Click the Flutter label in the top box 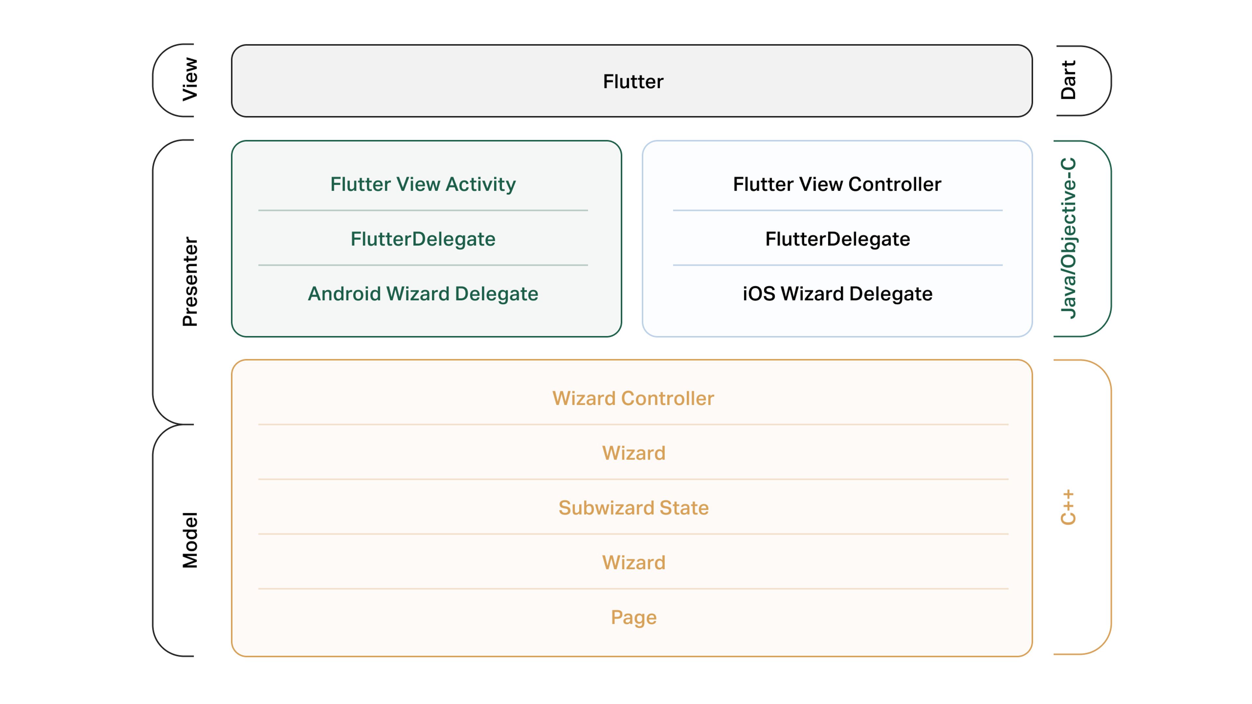click(x=633, y=81)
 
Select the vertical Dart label click(x=1068, y=80)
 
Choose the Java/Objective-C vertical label click(x=1068, y=238)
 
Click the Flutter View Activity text click(x=423, y=184)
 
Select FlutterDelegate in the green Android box click(x=423, y=239)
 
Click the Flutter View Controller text click(x=837, y=184)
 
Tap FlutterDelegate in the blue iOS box click(x=837, y=239)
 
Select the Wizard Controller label click(x=633, y=398)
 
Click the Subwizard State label click(x=633, y=508)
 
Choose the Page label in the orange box click(x=633, y=618)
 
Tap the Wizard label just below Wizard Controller click(x=633, y=453)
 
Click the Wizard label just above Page click(x=633, y=563)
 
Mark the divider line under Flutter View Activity click(x=423, y=210)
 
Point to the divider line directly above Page click(x=633, y=589)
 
